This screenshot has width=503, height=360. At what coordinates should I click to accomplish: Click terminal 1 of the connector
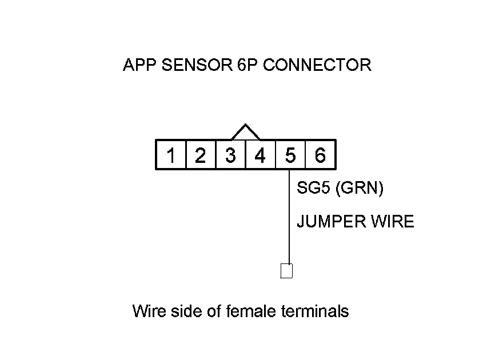coord(171,154)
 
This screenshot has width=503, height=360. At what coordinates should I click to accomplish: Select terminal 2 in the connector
coord(201,154)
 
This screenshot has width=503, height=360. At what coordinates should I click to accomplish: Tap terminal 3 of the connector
coord(231,154)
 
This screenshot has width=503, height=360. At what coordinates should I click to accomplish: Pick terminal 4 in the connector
coord(261,154)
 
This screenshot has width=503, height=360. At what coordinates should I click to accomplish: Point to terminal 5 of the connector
coord(290,154)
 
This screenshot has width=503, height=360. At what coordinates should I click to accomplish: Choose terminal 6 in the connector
coord(320,154)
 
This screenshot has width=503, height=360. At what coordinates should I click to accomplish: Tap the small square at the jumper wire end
coord(286,271)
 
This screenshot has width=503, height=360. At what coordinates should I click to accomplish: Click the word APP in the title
coord(139,65)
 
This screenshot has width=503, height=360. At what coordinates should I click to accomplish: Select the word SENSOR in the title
coord(197,65)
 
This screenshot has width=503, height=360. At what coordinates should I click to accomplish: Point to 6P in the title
coord(247,65)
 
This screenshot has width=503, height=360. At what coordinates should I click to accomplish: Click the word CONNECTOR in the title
coord(317,65)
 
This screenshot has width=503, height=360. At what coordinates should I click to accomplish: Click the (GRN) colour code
coord(360,188)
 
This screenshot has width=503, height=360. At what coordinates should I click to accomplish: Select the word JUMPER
coord(332,222)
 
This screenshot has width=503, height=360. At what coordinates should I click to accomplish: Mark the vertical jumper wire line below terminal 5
coord(289,217)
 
